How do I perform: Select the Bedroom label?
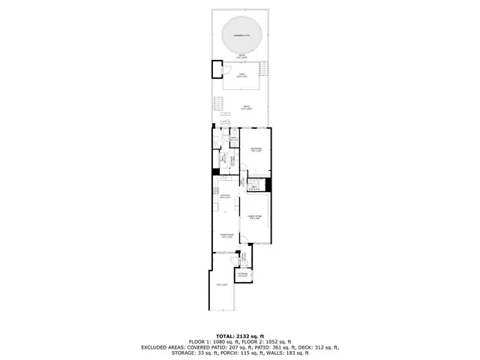coord(256,149)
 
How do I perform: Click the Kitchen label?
coord(223,196)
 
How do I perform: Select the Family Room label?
coord(254,216)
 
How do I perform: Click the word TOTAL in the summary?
coord(226,335)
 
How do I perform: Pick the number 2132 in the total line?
coord(247,335)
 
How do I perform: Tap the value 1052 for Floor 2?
coord(268,341)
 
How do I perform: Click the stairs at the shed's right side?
coord(264,69)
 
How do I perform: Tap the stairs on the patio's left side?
coord(219,103)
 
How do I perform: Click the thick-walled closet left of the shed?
coord(217,69)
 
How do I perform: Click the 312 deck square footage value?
coord(322,347)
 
